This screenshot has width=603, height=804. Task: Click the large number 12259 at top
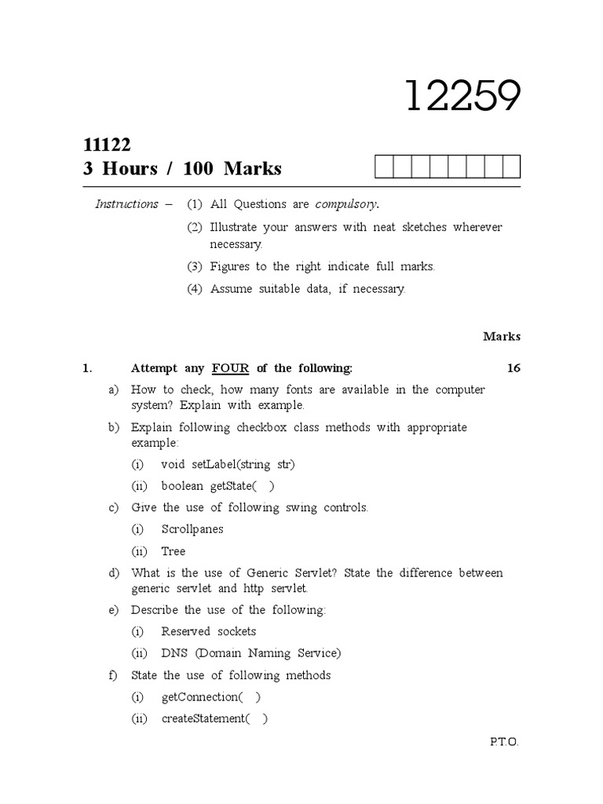[463, 97]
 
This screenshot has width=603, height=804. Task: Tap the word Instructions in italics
[126, 204]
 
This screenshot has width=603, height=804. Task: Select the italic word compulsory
[346, 204]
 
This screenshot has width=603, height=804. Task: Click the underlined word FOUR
[230, 368]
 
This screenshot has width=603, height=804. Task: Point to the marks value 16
[513, 368]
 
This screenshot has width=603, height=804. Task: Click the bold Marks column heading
[502, 337]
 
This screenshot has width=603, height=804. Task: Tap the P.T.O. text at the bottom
[504, 742]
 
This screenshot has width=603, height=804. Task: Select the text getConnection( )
[211, 697]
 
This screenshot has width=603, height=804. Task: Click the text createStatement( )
[214, 718]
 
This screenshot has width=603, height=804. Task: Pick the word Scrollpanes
[192, 529]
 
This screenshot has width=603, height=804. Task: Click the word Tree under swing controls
[173, 551]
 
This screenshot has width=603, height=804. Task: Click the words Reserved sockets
[209, 631]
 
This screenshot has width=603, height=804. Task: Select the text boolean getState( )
[217, 485]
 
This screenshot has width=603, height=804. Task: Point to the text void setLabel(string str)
[228, 464]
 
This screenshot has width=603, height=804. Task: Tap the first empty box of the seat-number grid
[383, 167]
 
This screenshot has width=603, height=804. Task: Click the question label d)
[114, 573]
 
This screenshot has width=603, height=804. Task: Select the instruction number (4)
[195, 289]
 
